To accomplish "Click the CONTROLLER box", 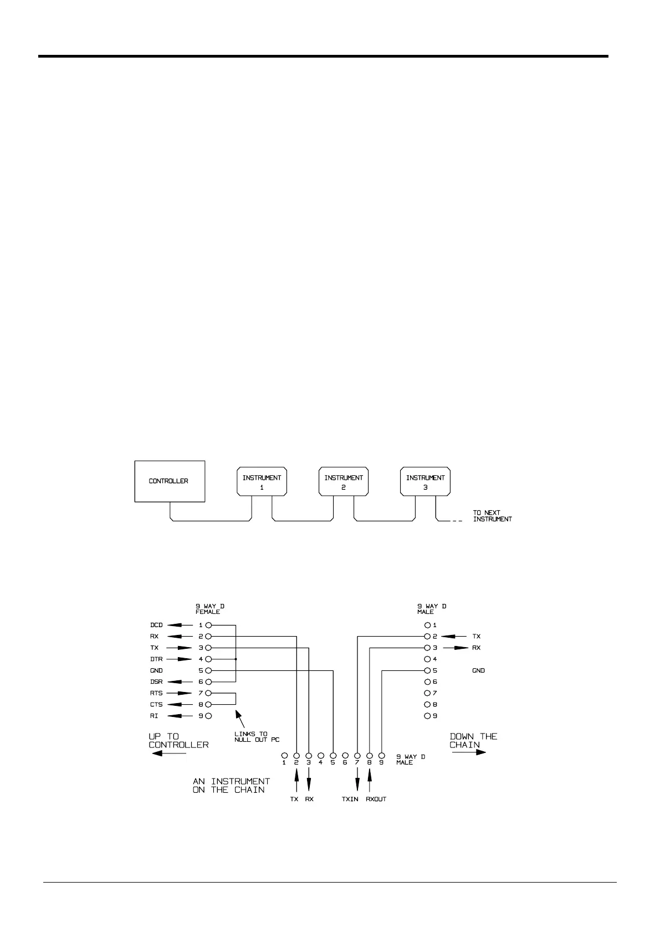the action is coord(170,481).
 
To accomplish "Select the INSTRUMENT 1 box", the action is coord(262,481).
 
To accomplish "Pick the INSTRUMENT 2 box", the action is coord(344,481).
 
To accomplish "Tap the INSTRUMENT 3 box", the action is coord(425,481).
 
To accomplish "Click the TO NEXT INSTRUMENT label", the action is coord(492,516).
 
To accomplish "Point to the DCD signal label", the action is coord(156,625).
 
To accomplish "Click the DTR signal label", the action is coord(156,659).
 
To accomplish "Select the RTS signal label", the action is coord(156,693).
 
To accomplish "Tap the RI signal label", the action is coord(154,716).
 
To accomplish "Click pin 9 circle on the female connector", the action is coord(208,716).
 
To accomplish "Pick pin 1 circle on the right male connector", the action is coord(427,625).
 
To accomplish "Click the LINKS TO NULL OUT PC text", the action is coord(257,736).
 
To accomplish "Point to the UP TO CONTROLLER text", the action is coord(178,740).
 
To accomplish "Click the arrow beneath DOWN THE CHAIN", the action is coord(468,752).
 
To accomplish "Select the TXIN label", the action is coord(350,799).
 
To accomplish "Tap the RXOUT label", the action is coord(376,799).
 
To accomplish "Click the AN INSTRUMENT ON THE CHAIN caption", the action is coord(231,785).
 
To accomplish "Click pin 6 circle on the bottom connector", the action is coord(345,755).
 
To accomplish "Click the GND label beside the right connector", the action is coord(478,670).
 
